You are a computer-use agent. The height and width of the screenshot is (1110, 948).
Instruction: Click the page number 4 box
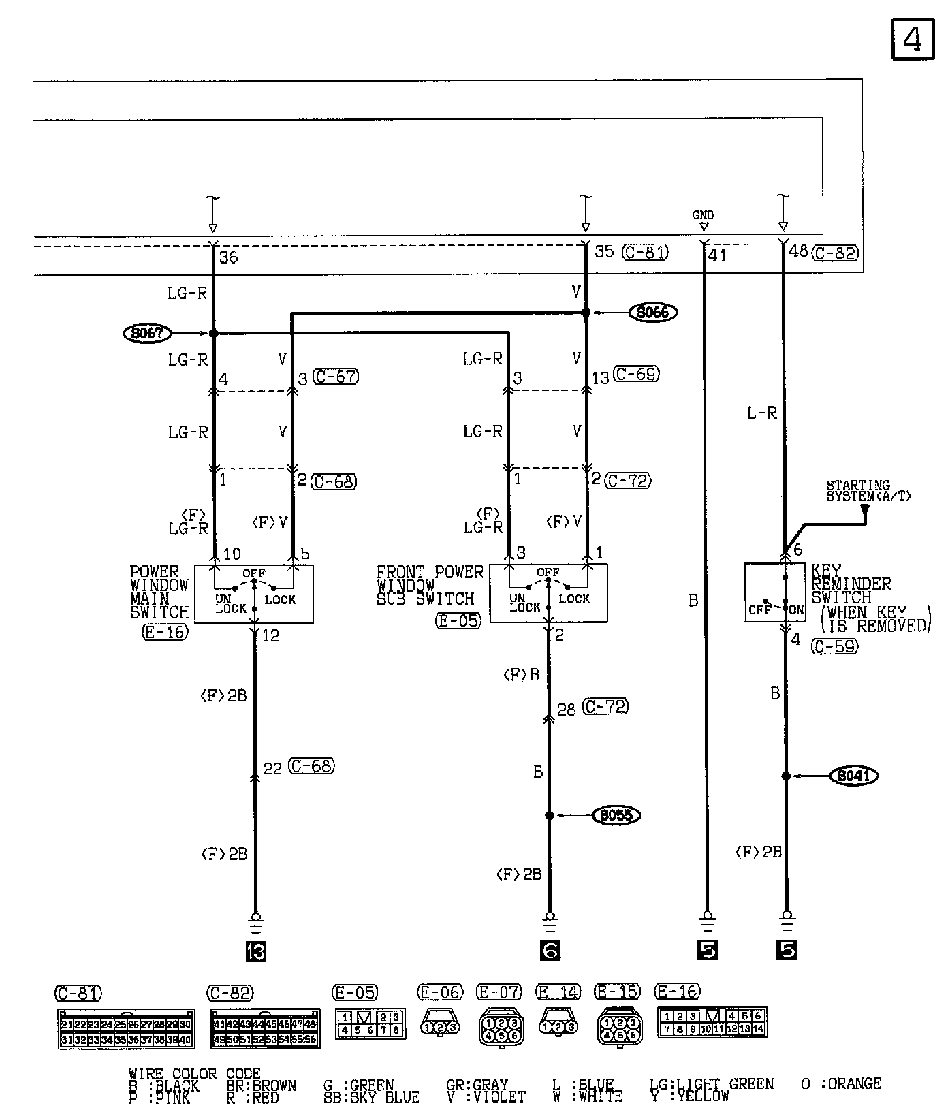(911, 40)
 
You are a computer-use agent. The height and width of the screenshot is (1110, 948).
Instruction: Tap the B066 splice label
(652, 313)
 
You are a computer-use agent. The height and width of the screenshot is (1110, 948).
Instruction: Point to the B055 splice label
(616, 815)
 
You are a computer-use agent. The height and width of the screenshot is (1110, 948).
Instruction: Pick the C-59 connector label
(834, 646)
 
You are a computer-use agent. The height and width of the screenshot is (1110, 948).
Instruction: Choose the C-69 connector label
(636, 374)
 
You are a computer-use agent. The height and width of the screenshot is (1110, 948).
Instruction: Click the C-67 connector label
(336, 377)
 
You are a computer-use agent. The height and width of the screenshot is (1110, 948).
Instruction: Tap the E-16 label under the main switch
(164, 632)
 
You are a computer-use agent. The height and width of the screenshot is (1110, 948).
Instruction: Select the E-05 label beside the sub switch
(458, 620)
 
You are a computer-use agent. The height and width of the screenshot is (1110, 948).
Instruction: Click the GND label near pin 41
(703, 215)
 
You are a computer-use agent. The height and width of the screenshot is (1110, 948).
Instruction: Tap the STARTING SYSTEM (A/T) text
(868, 491)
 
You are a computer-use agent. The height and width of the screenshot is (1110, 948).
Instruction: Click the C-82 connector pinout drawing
(264, 1028)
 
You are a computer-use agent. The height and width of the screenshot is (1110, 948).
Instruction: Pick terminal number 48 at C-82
(799, 251)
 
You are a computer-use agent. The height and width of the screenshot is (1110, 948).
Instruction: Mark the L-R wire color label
(761, 413)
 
